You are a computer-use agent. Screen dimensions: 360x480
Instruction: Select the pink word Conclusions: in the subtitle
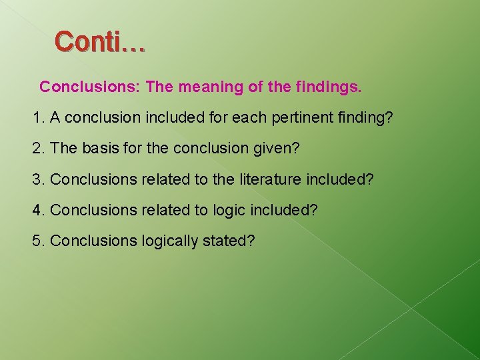[x=90, y=87]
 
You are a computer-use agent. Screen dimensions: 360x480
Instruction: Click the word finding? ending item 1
[x=365, y=118]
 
